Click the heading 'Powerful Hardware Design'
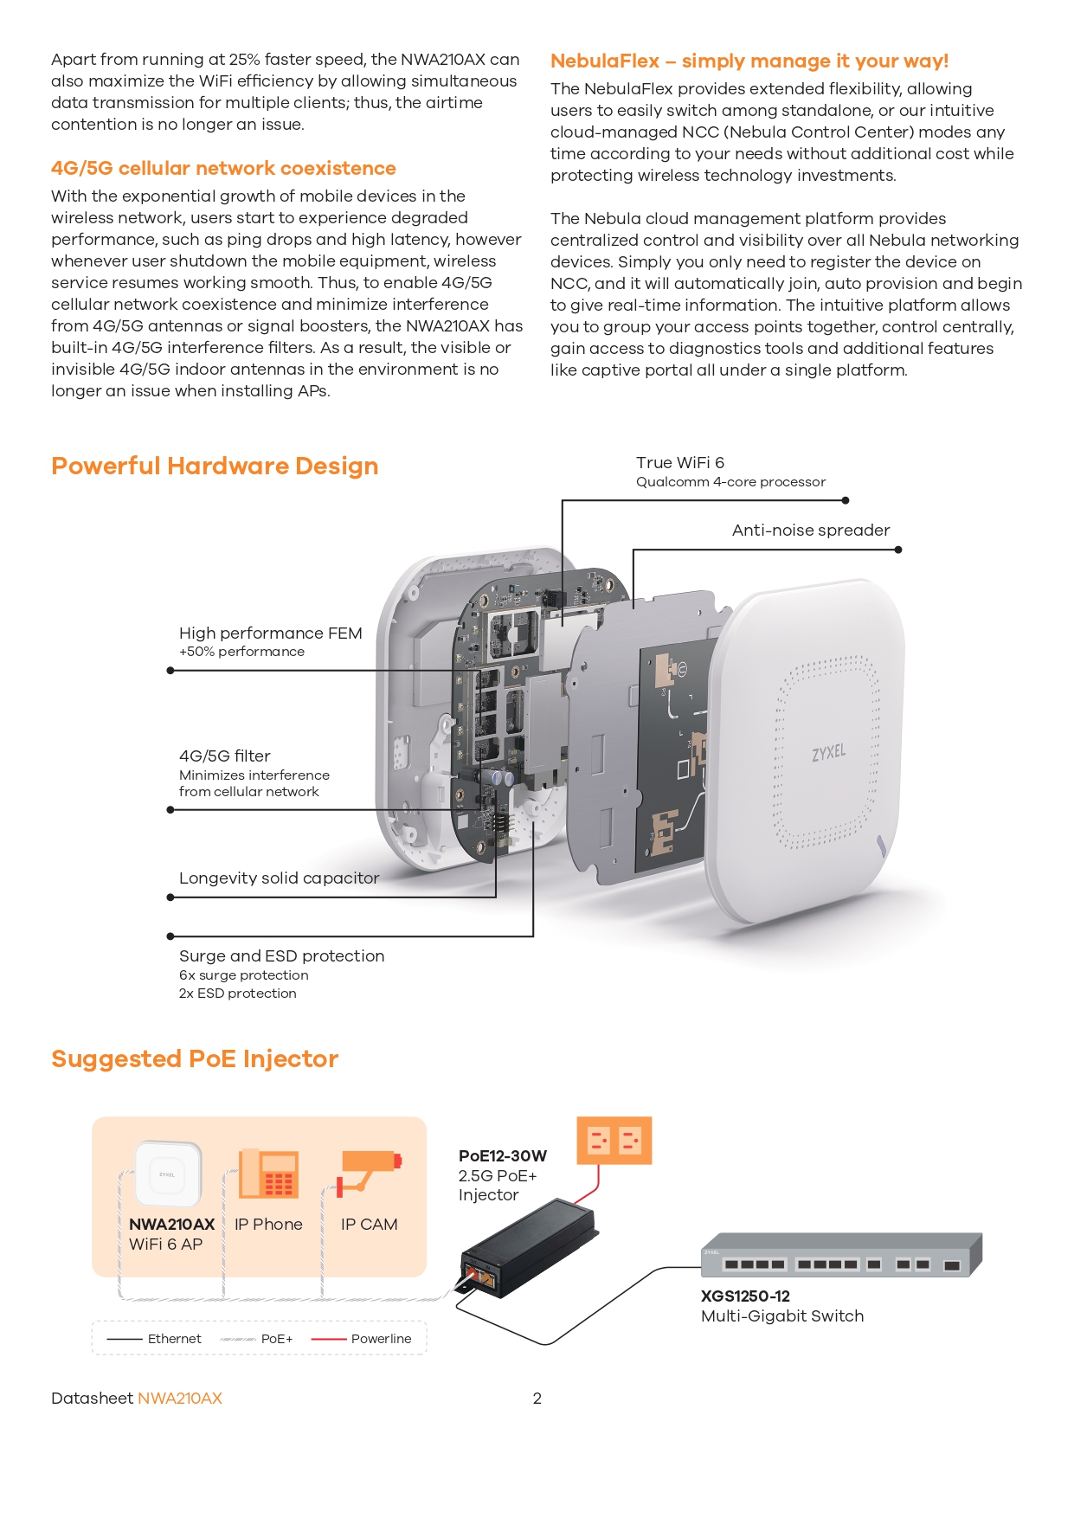coord(215,466)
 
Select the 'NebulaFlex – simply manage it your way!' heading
coord(749,61)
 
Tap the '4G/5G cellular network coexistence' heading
coord(223,169)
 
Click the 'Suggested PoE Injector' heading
coord(195,1059)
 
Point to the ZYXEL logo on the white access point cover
coord(828,753)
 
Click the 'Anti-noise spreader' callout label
coord(810,531)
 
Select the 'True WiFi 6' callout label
coord(680,463)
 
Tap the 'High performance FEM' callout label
coord(270,634)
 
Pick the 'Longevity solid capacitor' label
coord(279,878)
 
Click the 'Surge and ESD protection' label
coord(281,956)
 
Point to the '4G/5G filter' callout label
coord(225,756)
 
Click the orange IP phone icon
coord(269,1174)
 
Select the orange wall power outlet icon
coord(614,1140)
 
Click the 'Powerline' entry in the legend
coord(381,1339)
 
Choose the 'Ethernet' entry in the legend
coord(174,1339)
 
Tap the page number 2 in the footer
coord(537,1399)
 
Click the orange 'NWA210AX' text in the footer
coord(180,1399)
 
